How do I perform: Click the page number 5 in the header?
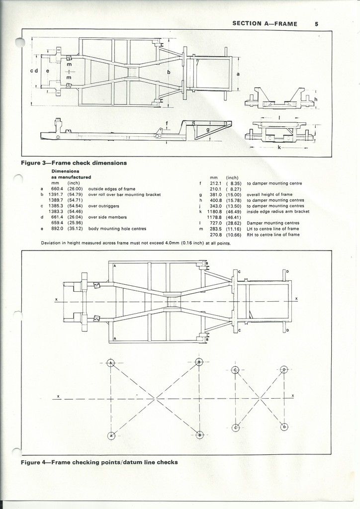(316, 23)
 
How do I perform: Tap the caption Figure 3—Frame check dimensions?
(74, 163)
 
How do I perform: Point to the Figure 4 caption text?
(99, 462)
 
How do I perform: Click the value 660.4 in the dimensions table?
(58, 189)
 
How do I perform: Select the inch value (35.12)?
(77, 229)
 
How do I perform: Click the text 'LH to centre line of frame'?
(276, 229)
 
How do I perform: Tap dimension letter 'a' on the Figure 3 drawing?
(238, 74)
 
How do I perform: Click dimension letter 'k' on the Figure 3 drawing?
(280, 148)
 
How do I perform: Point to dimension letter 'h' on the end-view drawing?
(316, 99)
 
